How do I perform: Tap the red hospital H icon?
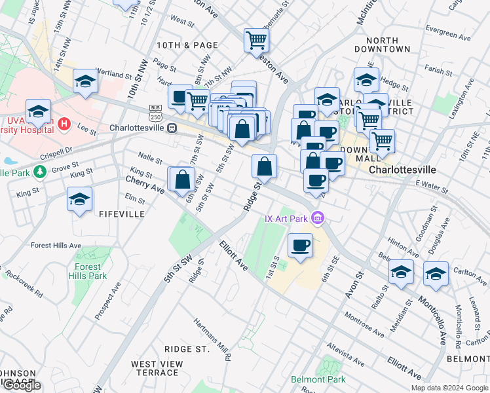tap(64, 123)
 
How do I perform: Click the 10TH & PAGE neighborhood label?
tap(187, 45)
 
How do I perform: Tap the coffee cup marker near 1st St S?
tap(300, 246)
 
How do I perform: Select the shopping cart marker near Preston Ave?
tap(256, 40)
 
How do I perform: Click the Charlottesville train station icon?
tap(172, 128)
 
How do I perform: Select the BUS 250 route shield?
tap(155, 112)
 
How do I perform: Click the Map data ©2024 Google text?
tap(448, 387)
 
